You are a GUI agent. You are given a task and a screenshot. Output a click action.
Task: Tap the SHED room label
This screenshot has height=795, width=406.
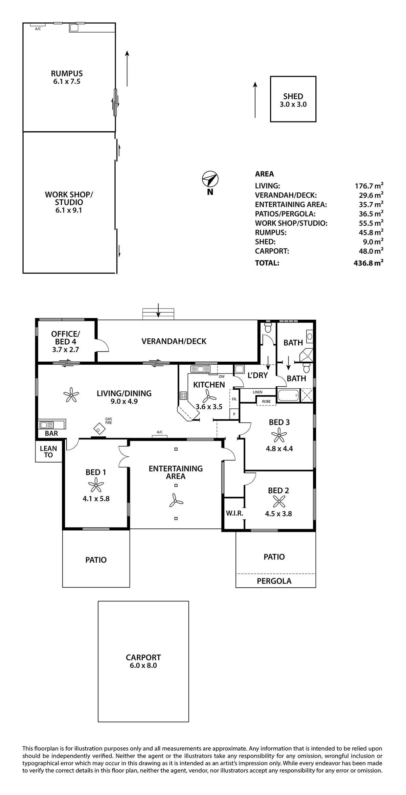point(293,96)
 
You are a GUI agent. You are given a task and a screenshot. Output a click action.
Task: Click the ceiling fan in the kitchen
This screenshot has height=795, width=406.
point(208,395)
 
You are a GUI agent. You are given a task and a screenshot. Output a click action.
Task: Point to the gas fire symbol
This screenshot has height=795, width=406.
point(98,429)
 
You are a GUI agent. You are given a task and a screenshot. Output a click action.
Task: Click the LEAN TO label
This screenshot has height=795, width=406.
point(48,452)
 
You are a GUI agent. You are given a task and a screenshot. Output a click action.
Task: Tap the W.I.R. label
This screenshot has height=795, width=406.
point(234,513)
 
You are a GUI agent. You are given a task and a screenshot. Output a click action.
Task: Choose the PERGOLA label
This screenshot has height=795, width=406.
point(274,581)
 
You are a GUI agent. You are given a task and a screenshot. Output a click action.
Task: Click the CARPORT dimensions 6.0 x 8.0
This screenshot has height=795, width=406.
point(143,665)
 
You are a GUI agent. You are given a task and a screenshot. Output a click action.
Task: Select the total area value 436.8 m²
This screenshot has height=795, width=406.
point(368,263)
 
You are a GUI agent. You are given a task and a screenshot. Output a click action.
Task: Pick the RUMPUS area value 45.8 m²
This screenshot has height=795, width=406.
point(371,232)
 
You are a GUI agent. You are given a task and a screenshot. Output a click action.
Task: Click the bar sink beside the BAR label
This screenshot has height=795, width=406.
point(47,424)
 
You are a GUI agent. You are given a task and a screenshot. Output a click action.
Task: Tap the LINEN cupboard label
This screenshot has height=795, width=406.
point(257,392)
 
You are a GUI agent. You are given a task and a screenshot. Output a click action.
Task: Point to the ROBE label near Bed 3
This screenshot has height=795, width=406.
point(266,402)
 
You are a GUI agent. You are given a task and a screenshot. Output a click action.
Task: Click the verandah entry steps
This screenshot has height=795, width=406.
point(158,314)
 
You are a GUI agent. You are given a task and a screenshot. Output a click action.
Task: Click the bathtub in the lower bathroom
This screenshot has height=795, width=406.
point(288,395)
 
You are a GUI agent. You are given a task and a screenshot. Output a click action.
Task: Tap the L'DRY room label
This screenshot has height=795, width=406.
point(257,375)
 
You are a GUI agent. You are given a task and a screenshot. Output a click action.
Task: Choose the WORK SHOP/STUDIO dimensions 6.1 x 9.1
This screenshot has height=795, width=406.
point(69,210)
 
